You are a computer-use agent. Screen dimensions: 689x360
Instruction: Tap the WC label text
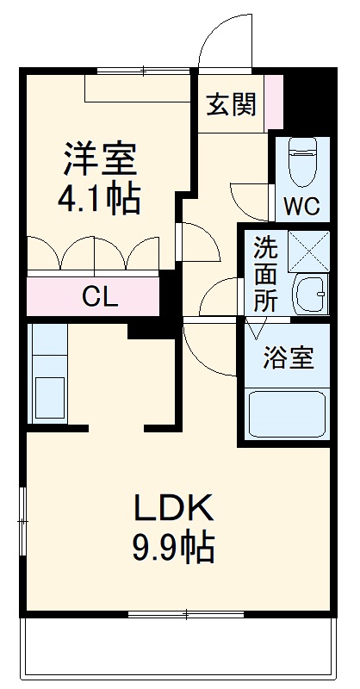click(301, 207)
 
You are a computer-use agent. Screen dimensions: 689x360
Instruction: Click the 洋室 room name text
click(99, 161)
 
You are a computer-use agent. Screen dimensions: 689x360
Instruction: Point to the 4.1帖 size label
click(99, 200)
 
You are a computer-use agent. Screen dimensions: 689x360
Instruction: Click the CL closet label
click(100, 296)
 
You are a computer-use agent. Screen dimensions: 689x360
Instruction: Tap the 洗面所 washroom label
click(265, 273)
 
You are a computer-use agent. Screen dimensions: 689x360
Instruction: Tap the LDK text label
click(172, 510)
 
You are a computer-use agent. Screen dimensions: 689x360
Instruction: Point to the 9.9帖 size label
click(172, 547)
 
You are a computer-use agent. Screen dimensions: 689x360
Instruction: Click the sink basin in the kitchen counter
click(47, 397)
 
